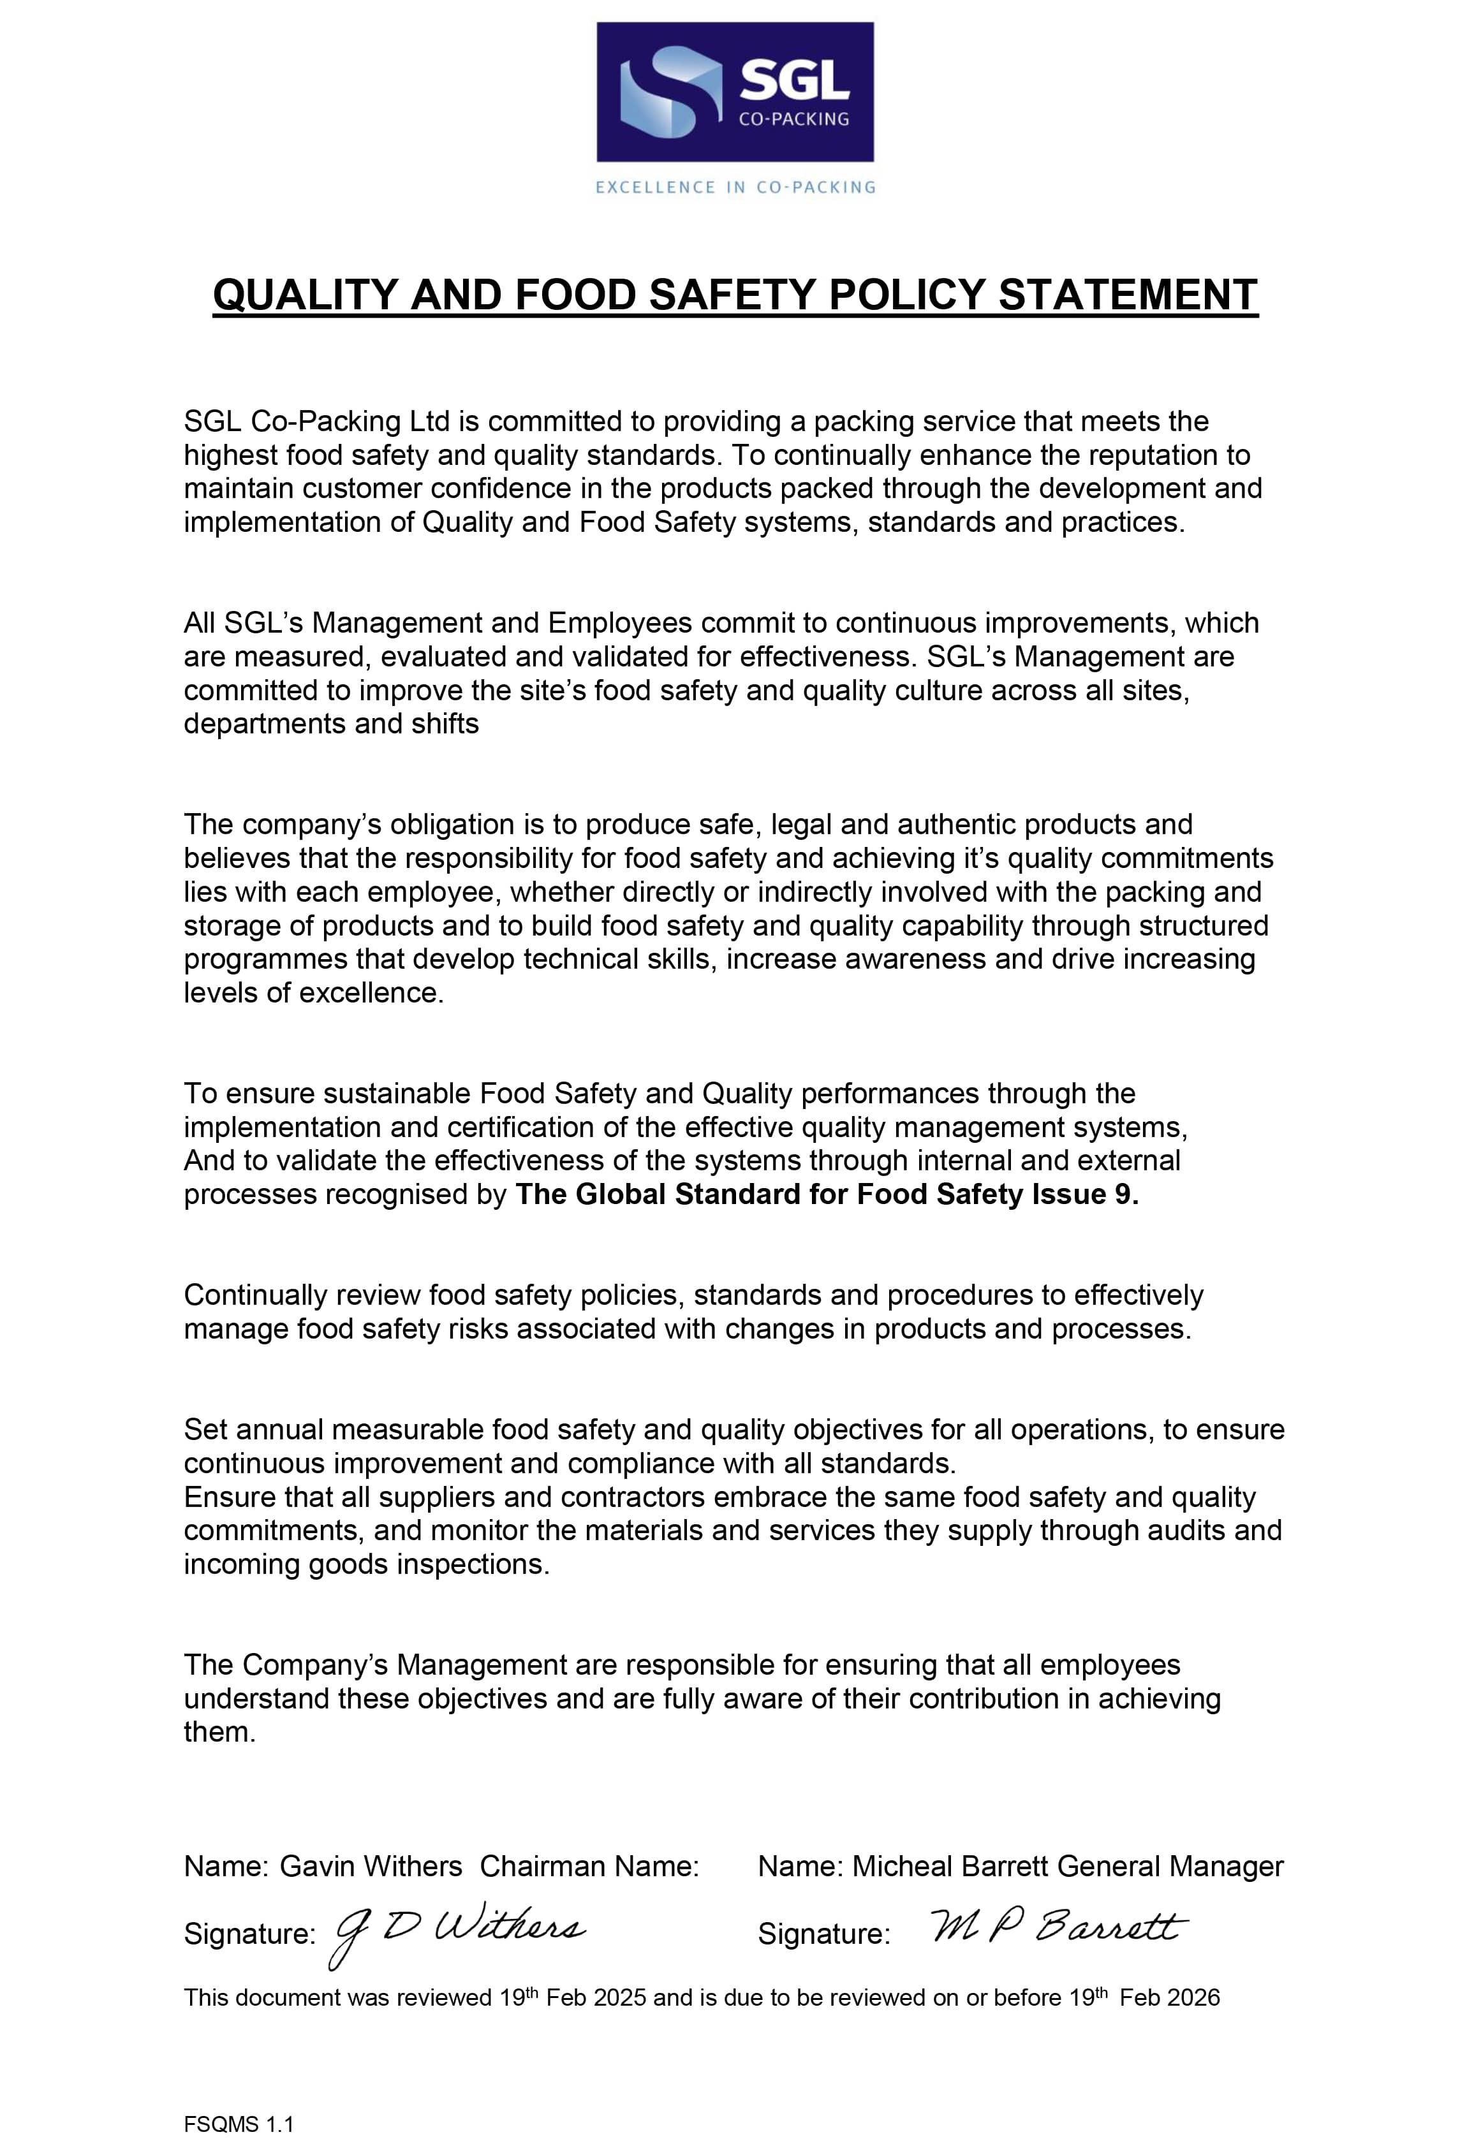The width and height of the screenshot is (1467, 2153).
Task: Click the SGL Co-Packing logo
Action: point(734,92)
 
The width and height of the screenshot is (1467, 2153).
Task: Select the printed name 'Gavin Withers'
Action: point(371,1866)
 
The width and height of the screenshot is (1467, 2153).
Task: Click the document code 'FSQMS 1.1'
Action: point(238,2118)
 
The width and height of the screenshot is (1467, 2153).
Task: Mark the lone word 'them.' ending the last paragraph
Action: point(219,1731)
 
